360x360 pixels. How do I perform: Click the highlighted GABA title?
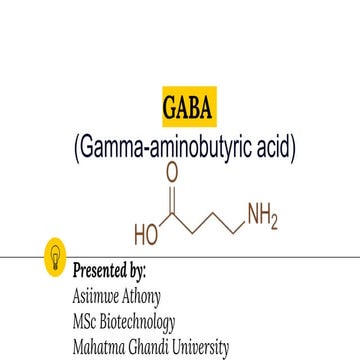tap(186, 107)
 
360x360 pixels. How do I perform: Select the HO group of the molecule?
tap(147, 237)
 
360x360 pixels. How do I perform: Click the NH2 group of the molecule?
tap(261, 214)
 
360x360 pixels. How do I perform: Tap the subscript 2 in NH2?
tap(274, 220)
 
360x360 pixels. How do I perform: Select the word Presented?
tap(99, 270)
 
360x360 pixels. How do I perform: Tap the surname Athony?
tap(141, 296)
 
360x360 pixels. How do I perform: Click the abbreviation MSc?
tap(85, 322)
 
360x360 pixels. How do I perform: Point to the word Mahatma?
tap(99, 348)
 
